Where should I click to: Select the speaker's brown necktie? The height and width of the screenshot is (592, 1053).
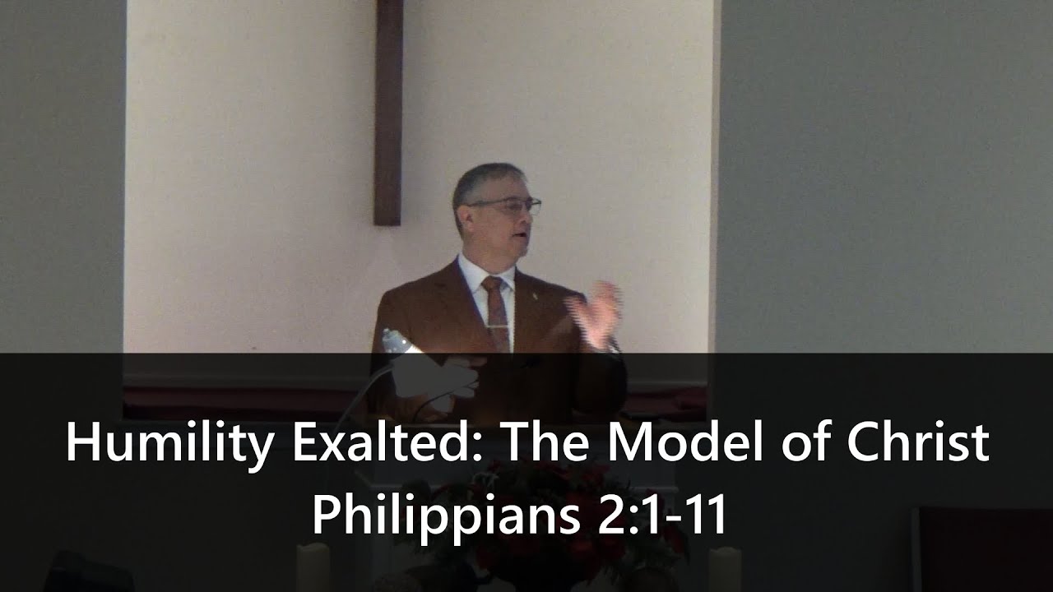pyautogui.click(x=496, y=308)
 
